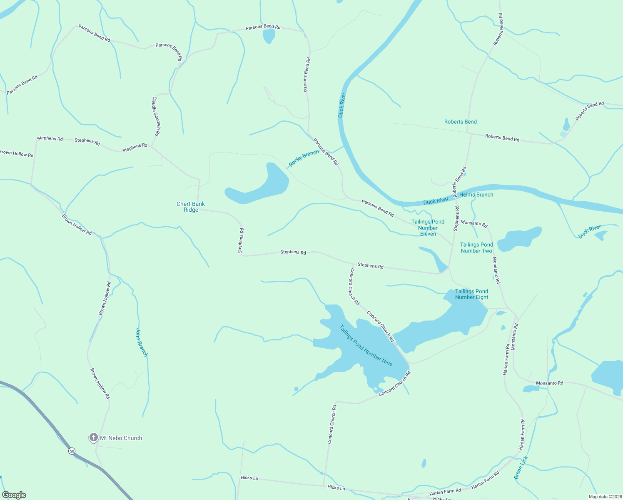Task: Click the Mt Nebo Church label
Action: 121,438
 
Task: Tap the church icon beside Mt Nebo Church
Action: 94,437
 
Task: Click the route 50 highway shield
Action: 72,451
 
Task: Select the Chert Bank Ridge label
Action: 191,207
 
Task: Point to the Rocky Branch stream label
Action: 304,158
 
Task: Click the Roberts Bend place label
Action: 460,122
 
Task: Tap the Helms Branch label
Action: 476,195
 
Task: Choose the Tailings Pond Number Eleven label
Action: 428,228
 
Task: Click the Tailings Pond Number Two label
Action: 476,248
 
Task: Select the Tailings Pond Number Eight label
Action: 471,294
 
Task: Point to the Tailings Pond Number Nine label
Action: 366,345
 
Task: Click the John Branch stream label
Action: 142,342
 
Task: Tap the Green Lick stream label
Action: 521,467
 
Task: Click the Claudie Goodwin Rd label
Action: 156,117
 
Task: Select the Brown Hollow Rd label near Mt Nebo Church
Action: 100,383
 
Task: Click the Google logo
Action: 14,495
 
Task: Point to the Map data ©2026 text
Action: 604,497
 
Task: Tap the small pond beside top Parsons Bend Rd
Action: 269,36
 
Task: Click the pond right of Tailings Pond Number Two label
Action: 521,238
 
